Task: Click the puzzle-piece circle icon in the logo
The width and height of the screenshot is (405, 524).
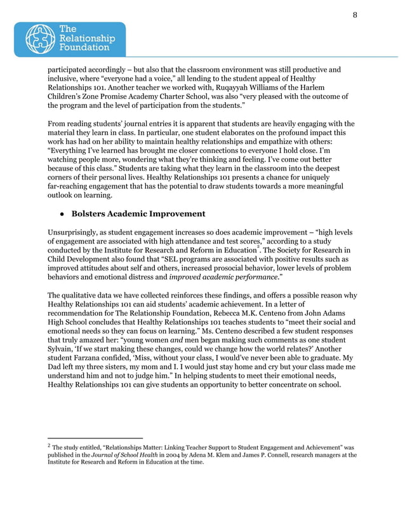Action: point(39,39)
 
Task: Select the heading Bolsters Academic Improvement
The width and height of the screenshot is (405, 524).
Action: point(138,214)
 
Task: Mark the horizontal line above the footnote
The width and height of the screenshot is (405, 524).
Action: point(95,438)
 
